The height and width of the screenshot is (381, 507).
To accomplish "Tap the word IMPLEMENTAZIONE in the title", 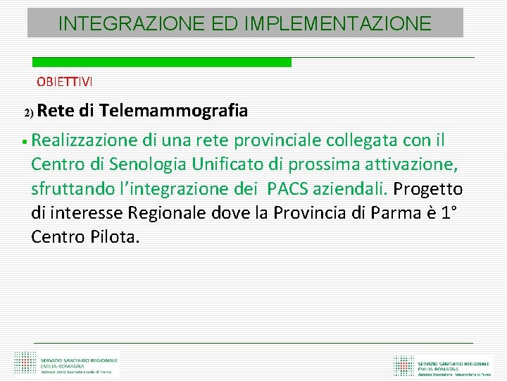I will click(339, 24).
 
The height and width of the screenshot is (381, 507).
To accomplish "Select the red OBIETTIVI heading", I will click(65, 81).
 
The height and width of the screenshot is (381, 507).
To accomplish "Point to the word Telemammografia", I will click(174, 111).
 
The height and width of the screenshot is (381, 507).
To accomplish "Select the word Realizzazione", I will click(89, 140).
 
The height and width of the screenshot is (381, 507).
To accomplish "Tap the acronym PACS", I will click(290, 189).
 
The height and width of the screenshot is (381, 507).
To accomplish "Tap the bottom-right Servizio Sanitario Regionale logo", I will click(443, 364).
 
